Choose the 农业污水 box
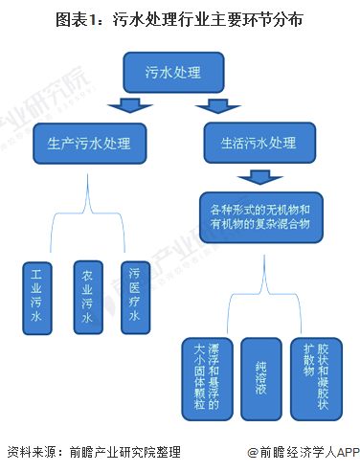pyautogui.click(x=87, y=297)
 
